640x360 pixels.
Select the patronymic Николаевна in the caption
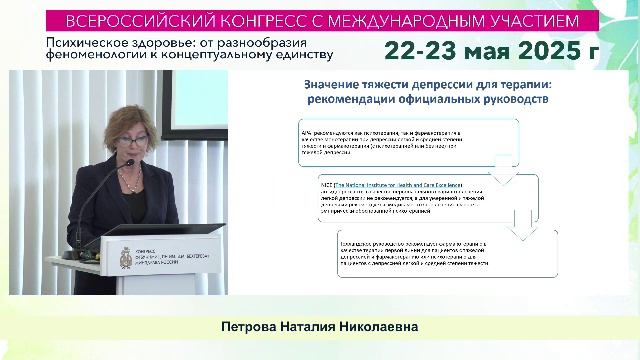372,327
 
